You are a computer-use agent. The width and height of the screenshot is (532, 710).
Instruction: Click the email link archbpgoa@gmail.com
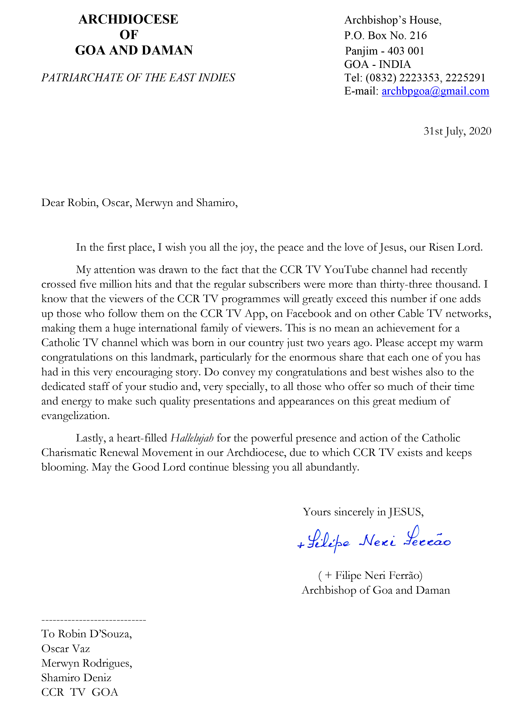tap(435, 91)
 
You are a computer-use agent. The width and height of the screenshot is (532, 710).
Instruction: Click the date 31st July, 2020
tap(457, 131)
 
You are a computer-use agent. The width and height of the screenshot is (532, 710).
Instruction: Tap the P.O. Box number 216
tap(418, 36)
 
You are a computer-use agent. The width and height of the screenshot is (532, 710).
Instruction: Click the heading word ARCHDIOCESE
tap(128, 20)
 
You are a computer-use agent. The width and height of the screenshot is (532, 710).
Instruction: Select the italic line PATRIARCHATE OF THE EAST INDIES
tap(138, 78)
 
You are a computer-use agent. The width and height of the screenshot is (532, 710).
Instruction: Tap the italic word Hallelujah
tap(192, 438)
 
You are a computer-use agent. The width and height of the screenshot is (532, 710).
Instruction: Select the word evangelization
tap(75, 416)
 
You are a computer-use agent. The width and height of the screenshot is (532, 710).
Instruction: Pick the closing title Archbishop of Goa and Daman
tap(376, 590)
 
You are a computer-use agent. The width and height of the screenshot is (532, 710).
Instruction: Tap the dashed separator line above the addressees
tap(94, 620)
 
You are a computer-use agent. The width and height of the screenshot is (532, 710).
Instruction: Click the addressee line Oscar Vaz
tap(66, 649)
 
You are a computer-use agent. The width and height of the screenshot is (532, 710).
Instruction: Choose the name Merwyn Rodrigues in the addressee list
tap(87, 663)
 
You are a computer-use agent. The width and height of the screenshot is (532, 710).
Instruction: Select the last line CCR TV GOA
tap(80, 692)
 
